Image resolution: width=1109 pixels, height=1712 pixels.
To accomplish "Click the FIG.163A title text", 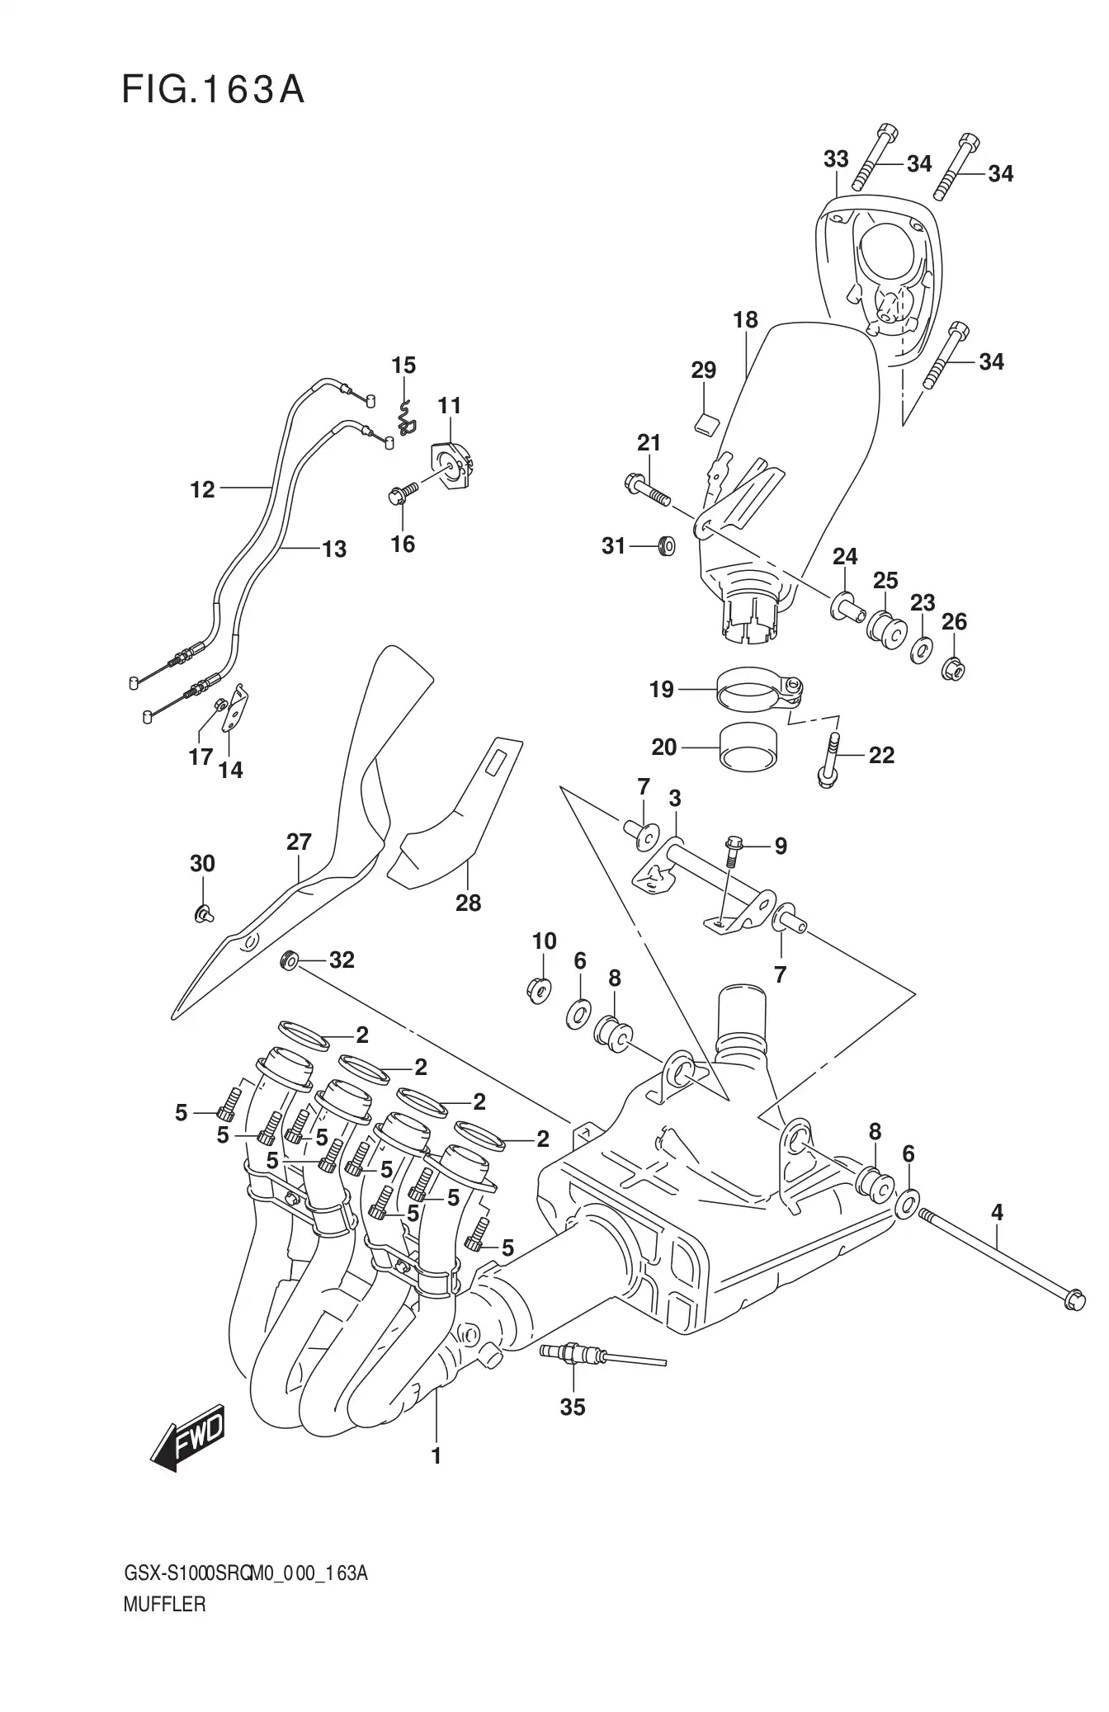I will pos(213,90).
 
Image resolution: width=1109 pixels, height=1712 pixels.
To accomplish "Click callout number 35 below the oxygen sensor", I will pos(572,1408).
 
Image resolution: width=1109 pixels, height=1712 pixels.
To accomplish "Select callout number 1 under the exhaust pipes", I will pos(436,1457).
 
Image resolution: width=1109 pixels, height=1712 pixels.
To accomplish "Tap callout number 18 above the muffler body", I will pos(745,320).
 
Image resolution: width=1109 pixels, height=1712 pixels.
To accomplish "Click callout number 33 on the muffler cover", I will pos(836,159).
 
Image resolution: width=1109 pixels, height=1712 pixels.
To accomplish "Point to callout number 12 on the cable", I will pos(202,489).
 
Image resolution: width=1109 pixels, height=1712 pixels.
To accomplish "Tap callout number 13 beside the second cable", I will pos(333,549).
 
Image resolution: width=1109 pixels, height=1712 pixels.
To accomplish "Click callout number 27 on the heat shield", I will pos(299,842).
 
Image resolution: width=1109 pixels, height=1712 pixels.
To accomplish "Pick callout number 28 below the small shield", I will pos(468,903).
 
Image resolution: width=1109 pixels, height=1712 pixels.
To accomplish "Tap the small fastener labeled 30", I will pos(202,913).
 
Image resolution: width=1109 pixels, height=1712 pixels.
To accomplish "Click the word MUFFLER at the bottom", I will pos(164,1629).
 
